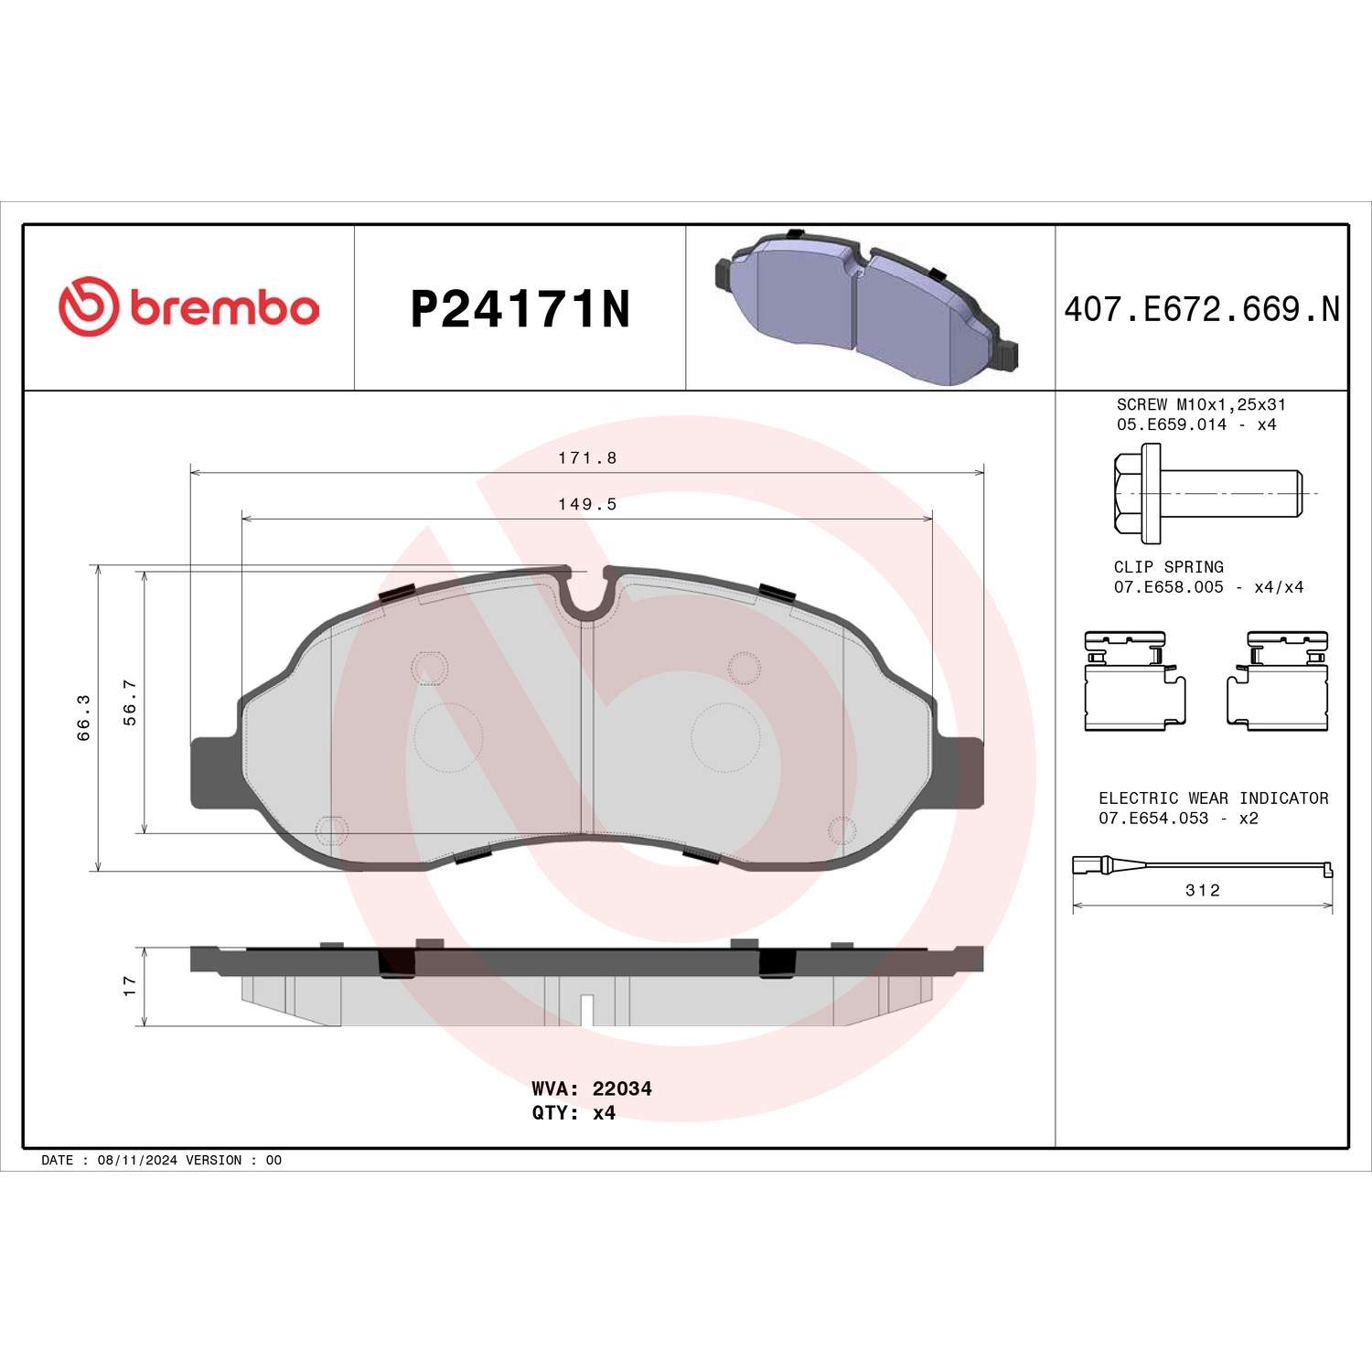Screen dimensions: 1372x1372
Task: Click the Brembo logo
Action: (189, 307)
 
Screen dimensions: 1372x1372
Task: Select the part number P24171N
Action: (520, 309)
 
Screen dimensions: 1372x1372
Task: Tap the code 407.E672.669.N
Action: (1201, 309)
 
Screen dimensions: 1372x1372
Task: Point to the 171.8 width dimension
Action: (587, 458)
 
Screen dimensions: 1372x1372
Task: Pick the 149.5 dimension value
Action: (587, 504)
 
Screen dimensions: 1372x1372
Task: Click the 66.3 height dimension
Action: (84, 716)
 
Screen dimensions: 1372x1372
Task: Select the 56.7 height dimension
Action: (131, 702)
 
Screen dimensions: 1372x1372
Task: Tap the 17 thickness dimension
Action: (130, 985)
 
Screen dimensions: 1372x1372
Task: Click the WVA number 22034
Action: (622, 1088)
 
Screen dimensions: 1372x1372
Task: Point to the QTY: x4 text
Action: (573, 1113)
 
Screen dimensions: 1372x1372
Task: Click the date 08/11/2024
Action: (137, 1160)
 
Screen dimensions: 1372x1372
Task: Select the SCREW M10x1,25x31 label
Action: (1200, 404)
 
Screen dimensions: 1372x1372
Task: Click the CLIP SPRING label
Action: (1168, 567)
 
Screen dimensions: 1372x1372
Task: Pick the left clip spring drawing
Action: (1133, 681)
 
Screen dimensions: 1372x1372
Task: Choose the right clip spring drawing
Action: (1278, 681)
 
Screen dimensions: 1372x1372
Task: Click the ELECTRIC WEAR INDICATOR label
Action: (1213, 799)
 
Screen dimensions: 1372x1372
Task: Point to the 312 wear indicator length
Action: (1202, 890)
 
